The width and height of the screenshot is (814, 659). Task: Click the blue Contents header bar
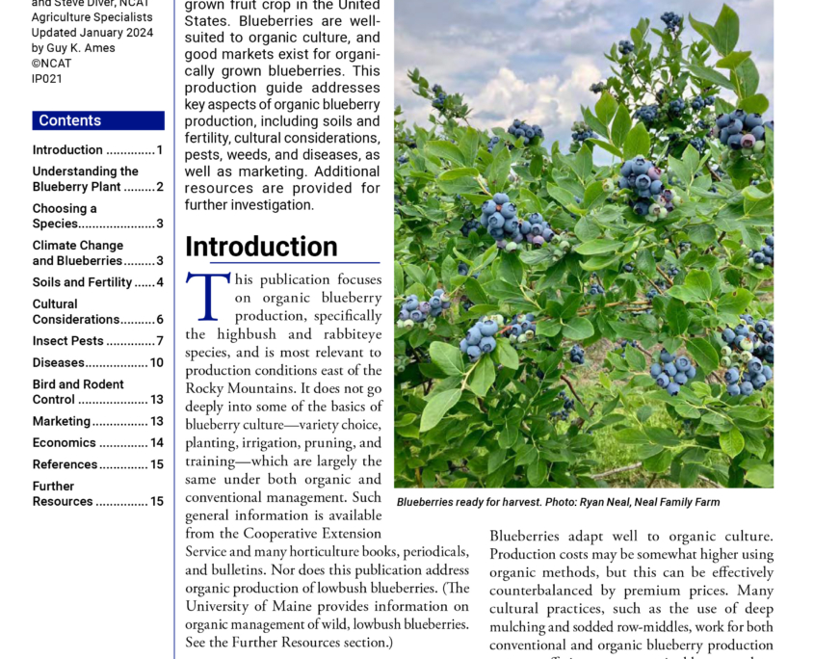[98, 120]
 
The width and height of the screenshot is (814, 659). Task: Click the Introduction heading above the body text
[261, 247]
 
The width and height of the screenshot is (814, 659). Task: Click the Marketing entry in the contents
[62, 421]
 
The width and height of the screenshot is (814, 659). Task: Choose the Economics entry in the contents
[65, 442]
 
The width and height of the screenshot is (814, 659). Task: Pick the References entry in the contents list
[66, 464]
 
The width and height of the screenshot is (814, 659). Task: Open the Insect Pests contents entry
[67, 341]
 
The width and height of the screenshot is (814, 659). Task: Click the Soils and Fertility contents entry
[82, 282]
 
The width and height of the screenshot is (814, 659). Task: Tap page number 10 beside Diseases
[156, 363]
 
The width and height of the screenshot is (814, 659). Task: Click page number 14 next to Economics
[156, 443]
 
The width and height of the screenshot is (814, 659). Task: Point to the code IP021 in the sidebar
[46, 78]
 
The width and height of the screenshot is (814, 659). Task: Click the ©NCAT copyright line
[51, 63]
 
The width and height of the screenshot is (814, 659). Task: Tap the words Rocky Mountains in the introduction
[236, 387]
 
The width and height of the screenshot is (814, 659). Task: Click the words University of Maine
[240, 606]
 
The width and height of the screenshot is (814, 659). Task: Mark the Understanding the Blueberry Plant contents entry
[85, 179]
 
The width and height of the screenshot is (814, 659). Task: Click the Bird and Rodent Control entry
[78, 392]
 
